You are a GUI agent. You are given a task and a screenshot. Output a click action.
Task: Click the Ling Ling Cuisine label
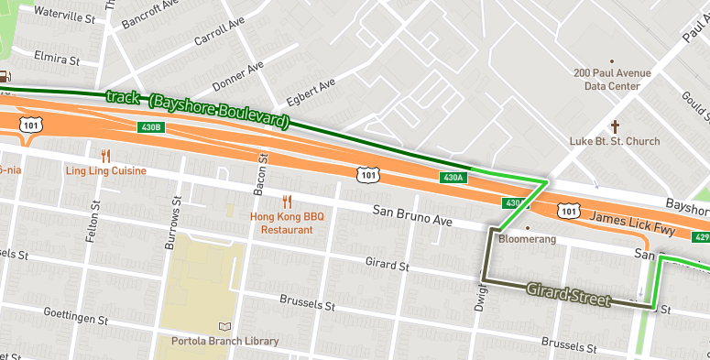[105, 171]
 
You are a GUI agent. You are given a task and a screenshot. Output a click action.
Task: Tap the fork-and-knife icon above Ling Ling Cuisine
[106, 156]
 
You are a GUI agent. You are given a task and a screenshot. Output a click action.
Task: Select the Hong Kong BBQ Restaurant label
[288, 224]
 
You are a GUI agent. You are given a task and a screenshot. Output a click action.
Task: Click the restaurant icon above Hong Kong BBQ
[288, 201]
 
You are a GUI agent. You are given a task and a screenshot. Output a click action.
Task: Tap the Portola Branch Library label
[224, 342]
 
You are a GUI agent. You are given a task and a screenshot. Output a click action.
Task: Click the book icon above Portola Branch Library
[225, 326]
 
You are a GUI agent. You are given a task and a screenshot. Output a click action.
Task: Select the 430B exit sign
[151, 127]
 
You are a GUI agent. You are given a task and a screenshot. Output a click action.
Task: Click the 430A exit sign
[453, 177]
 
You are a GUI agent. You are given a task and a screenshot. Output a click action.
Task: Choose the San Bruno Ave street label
[412, 216]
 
